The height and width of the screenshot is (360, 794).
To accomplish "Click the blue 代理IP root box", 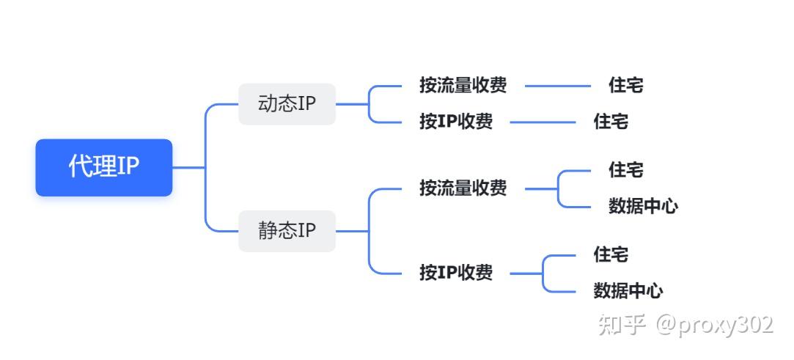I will coord(103,167).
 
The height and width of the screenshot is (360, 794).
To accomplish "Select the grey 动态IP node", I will coord(287,104).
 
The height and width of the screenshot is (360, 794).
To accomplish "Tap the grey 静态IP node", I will coord(287,231).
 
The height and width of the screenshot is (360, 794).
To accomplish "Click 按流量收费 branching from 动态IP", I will coord(463,86).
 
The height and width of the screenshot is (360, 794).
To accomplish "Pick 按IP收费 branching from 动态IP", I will coord(455,122).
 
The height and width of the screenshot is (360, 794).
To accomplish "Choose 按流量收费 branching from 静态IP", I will coord(463,188).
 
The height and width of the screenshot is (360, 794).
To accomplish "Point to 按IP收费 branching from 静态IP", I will coord(455,273).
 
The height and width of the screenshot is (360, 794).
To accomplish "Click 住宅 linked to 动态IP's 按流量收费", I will coord(625,86).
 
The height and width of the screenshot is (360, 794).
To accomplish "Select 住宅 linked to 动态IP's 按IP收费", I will coord(611,122).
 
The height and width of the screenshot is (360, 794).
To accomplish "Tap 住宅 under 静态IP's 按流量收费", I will coord(625,170).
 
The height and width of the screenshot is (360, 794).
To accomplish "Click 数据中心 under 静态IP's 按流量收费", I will coord(643,207).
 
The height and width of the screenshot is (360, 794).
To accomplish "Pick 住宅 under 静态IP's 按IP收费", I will coord(611,255).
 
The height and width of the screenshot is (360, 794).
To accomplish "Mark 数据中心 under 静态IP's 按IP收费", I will coord(628,291).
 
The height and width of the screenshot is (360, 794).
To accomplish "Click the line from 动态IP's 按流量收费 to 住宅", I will coord(558,86).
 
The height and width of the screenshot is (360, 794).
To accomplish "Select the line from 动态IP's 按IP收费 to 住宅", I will coord(543,122).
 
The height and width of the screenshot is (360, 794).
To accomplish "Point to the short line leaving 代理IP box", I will coord(187,167).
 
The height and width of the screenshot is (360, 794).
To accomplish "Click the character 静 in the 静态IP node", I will coord(268,231).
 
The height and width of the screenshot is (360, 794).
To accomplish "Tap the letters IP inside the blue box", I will coord(128,167).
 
